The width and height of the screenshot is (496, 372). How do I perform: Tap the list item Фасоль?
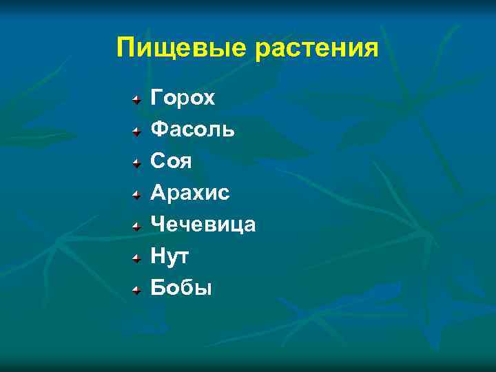[x=192, y=130]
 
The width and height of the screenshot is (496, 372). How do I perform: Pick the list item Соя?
[x=171, y=161]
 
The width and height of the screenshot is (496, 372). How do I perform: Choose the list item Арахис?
[x=189, y=193]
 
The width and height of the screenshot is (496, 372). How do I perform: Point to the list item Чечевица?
[x=203, y=225]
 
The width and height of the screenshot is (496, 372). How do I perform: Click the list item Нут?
[x=170, y=256]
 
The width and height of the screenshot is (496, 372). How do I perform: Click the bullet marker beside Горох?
[x=138, y=99]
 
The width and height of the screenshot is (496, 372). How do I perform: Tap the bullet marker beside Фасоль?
[x=138, y=131]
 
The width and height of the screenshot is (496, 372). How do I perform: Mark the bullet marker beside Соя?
[x=138, y=163]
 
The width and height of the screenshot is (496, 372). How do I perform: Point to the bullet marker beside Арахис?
[x=138, y=194]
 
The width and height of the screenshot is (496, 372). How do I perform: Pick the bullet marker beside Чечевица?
[x=138, y=226]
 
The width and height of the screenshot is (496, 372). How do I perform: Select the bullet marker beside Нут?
[x=138, y=258]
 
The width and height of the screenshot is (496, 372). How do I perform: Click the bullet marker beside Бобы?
[x=138, y=289]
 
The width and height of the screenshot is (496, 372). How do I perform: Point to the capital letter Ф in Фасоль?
[x=158, y=130]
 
